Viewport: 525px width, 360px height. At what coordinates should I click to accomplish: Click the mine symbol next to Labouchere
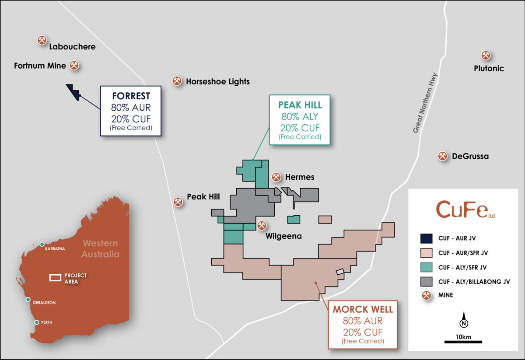point(42,40)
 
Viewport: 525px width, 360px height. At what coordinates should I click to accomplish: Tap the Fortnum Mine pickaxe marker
point(75,66)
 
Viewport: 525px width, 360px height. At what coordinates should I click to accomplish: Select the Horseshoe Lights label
point(217,81)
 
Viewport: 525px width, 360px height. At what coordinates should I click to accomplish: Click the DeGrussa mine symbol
point(443,156)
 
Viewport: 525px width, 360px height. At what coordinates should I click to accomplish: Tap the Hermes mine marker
point(276,177)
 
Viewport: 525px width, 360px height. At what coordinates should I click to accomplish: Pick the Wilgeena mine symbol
point(262,225)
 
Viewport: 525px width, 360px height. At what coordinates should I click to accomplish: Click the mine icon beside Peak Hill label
point(178,202)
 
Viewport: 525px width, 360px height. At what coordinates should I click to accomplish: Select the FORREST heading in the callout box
point(131,96)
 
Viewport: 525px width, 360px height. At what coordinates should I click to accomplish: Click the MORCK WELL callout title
point(363,310)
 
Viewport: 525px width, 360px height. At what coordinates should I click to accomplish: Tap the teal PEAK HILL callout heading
point(300,105)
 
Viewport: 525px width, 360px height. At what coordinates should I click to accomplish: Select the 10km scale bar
point(463,341)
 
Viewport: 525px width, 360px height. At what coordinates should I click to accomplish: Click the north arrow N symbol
point(463,323)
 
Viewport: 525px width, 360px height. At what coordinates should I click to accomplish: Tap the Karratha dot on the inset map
point(42,244)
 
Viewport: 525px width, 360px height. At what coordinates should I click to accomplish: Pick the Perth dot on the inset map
point(37,322)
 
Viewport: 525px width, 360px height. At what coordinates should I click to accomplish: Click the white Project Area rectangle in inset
point(55,278)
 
